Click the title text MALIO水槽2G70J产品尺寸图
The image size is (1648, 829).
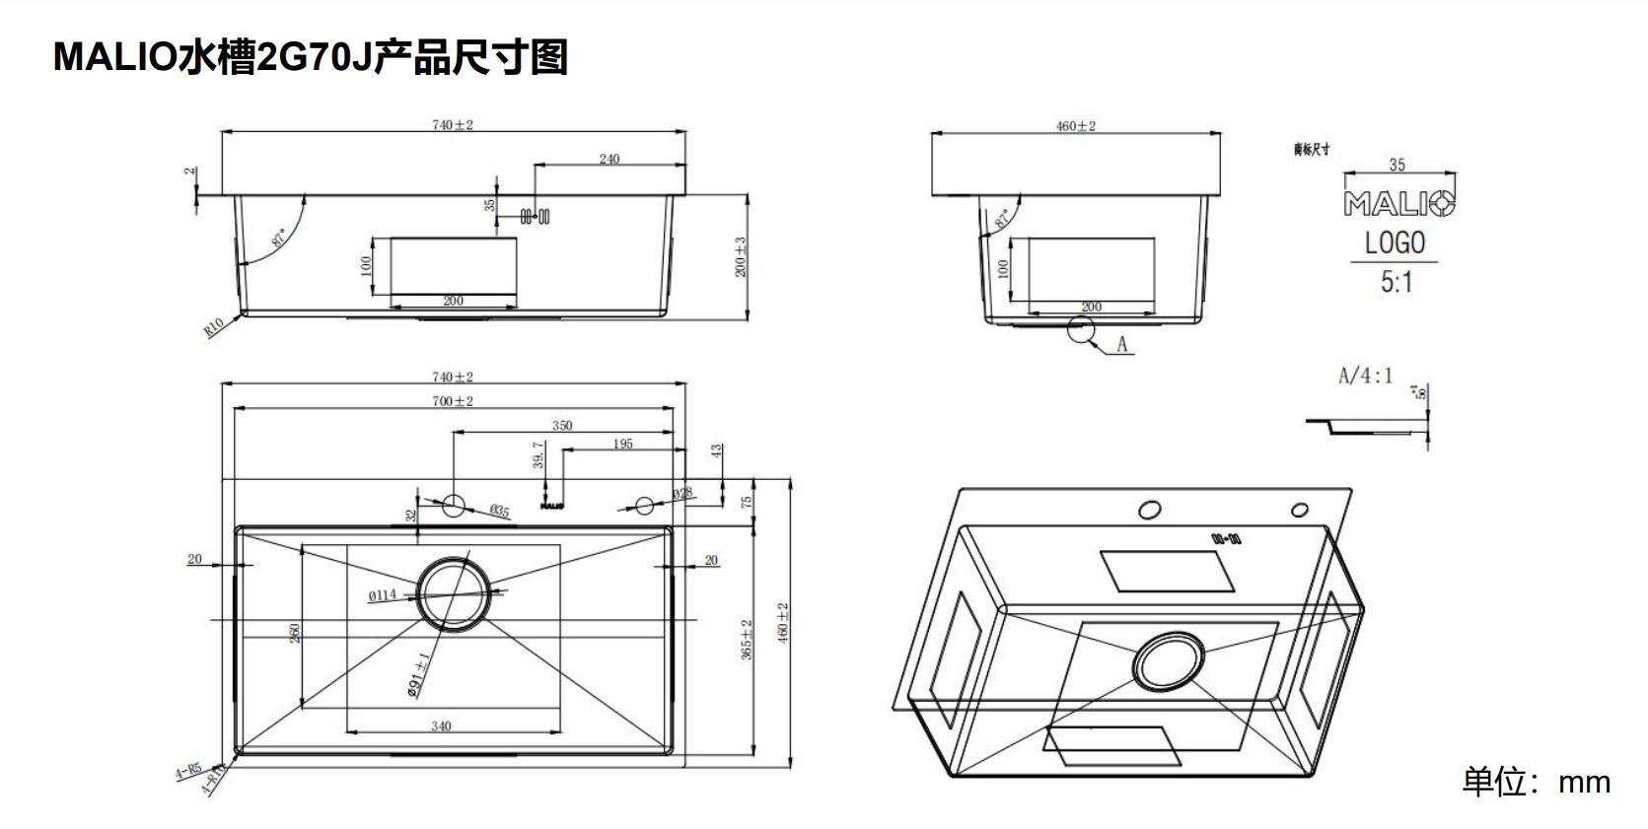point(310,57)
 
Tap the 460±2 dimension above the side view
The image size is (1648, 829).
point(1075,126)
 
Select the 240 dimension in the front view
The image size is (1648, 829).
point(609,159)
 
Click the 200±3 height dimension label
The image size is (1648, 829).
point(741,256)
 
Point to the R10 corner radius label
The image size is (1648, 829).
point(214,327)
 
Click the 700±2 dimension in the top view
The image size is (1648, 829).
point(453,401)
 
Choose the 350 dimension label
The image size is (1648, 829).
point(561,426)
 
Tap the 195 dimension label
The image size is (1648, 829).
point(622,444)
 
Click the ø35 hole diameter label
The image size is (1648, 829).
point(499,511)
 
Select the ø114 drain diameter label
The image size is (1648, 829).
point(382,594)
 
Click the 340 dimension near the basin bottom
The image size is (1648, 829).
point(441,725)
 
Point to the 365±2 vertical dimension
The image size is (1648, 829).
point(747,639)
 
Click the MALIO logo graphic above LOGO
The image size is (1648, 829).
point(1398,204)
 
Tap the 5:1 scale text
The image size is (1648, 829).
point(1396,283)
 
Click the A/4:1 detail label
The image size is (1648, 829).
point(1365,376)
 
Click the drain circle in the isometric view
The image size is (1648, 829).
point(1169,660)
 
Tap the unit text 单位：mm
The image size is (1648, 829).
point(1536,782)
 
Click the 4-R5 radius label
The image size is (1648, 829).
point(188,771)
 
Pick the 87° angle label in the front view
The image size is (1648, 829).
point(279,239)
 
